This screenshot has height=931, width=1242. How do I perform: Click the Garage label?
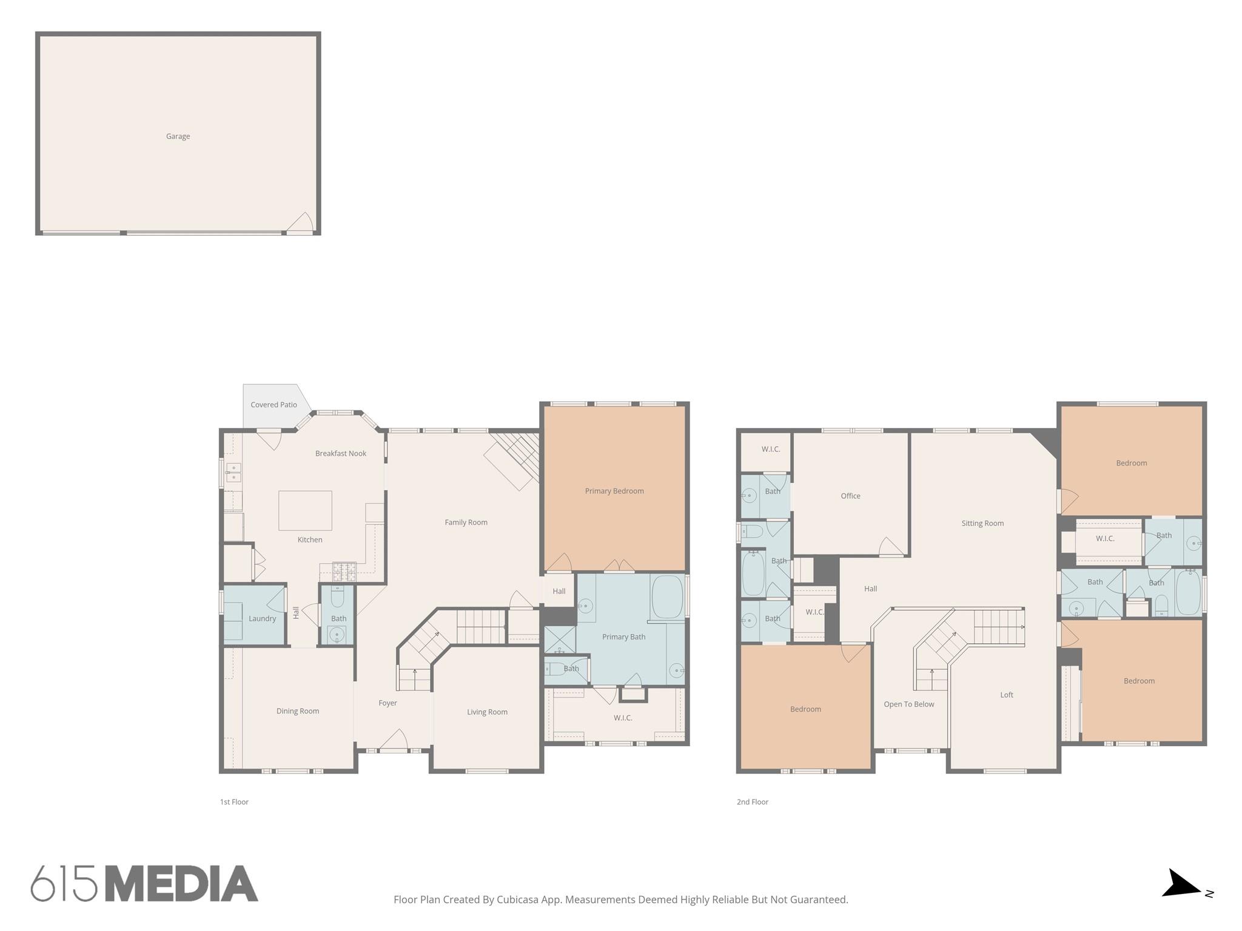point(178,136)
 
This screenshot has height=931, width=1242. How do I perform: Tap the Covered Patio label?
point(274,405)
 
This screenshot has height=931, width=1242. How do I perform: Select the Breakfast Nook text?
point(341,453)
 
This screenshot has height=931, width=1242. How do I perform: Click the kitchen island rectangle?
point(305,510)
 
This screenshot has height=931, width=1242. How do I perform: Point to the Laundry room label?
point(262,619)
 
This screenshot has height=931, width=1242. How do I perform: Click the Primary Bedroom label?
point(614,491)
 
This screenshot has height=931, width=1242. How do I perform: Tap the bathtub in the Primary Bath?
point(667,596)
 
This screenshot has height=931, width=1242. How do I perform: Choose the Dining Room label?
point(298,711)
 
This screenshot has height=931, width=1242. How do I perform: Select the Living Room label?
point(487,712)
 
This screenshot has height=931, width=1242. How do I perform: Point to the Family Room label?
point(466,522)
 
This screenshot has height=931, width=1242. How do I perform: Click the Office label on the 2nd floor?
point(850,496)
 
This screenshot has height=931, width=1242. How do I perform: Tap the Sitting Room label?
point(982,523)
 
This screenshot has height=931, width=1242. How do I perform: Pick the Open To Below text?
point(908,704)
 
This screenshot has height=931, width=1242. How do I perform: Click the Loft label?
point(1007,695)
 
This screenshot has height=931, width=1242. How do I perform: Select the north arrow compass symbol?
point(1183,891)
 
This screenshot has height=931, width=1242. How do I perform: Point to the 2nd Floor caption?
point(753,802)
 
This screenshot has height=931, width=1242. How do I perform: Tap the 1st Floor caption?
point(234,802)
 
